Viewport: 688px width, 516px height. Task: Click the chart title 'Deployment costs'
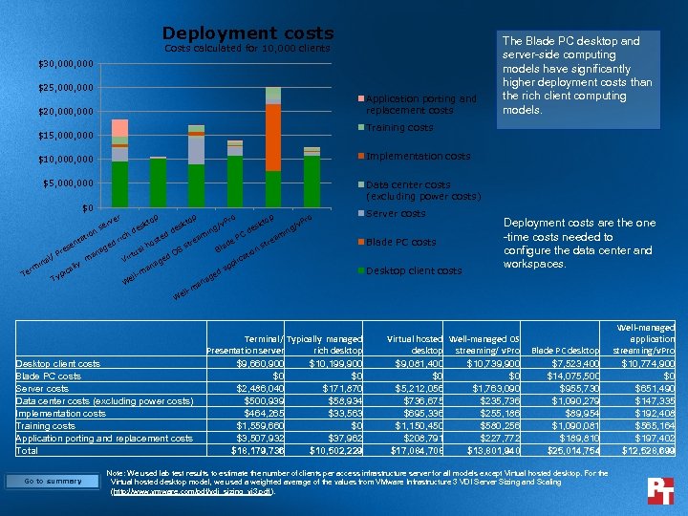tap(247, 33)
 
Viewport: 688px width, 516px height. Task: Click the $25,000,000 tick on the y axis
tap(66, 88)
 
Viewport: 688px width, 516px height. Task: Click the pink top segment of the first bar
tap(119, 128)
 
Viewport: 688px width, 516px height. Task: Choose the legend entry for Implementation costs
tap(418, 156)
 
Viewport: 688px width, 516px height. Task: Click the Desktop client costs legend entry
tap(414, 270)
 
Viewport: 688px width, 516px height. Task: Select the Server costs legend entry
tap(396, 213)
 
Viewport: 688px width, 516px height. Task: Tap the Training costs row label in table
tap(47, 425)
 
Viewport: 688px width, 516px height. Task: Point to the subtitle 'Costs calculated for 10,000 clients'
tap(247, 48)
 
